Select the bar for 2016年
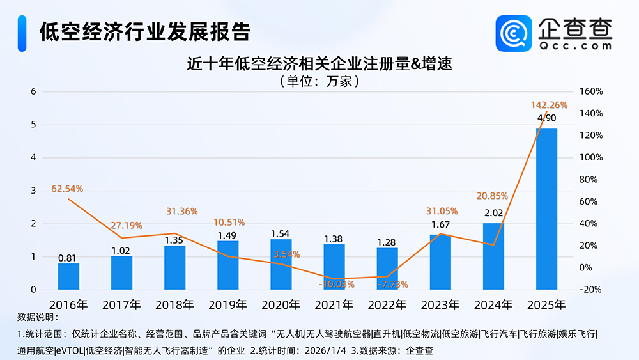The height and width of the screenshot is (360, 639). [x=68, y=276]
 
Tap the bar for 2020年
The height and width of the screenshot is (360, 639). [x=281, y=264]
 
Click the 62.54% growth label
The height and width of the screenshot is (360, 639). [x=68, y=189]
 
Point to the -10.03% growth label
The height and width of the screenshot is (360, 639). [x=334, y=284]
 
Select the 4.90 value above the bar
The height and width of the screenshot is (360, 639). [x=546, y=118]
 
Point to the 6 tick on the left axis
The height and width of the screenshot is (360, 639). [x=33, y=91]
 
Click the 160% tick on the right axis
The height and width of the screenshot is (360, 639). [x=590, y=91]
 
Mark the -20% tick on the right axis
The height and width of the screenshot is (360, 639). [x=590, y=290]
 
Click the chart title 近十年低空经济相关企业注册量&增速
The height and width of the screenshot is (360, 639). [x=319, y=65]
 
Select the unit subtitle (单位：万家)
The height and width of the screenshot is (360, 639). [x=319, y=81]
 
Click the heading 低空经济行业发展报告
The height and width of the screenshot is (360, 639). [x=144, y=31]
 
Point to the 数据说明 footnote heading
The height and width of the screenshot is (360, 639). [x=37, y=318]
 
